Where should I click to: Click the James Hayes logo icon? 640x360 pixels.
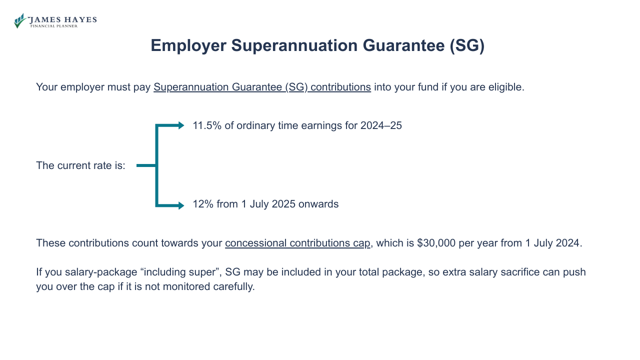click(x=20, y=20)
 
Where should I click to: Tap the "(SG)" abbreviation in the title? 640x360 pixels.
click(x=466, y=45)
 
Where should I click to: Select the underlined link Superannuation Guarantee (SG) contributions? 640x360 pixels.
click(x=262, y=87)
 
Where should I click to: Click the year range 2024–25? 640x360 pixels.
click(x=381, y=125)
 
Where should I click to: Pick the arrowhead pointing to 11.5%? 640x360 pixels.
click(x=181, y=125)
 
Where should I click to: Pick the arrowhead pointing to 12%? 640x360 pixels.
click(x=181, y=205)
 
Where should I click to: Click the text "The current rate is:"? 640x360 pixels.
click(x=80, y=165)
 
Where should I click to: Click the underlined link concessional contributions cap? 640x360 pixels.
click(x=297, y=243)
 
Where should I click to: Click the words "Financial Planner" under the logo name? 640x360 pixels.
click(x=54, y=26)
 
